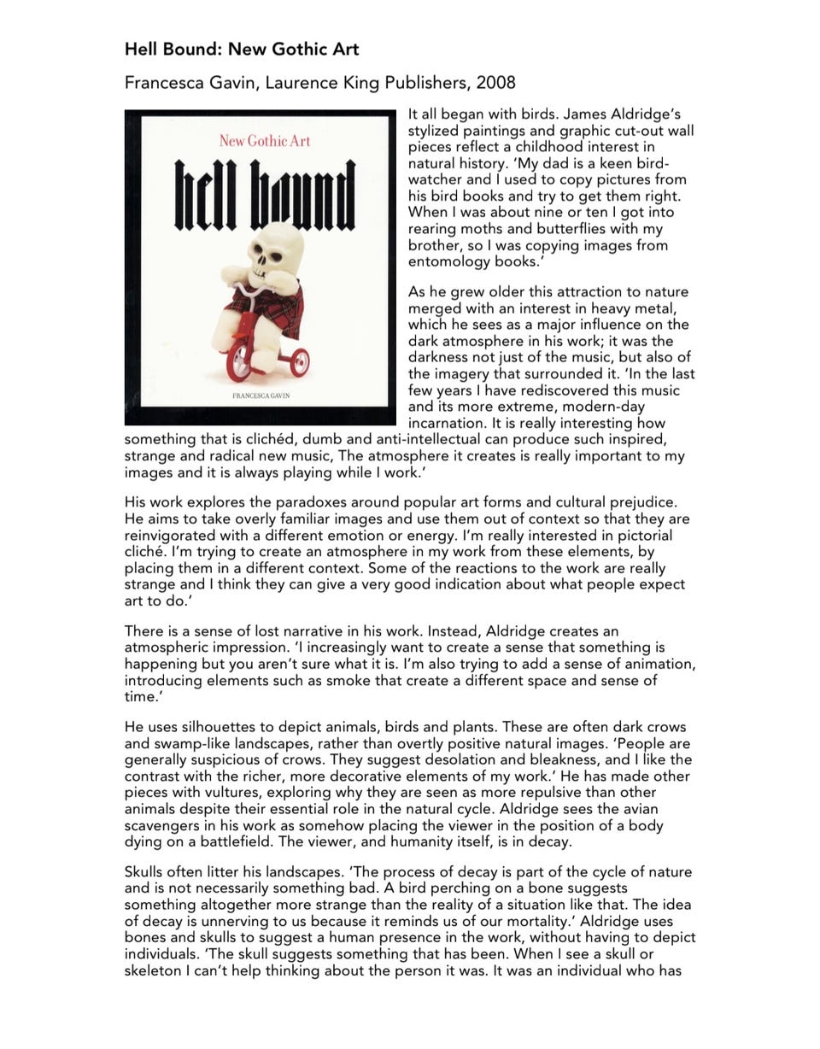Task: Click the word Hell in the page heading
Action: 143,50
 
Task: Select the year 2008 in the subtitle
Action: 495,83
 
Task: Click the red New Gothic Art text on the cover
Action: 264,141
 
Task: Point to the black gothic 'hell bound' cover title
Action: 264,196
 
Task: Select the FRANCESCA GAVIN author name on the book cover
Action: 261,396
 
